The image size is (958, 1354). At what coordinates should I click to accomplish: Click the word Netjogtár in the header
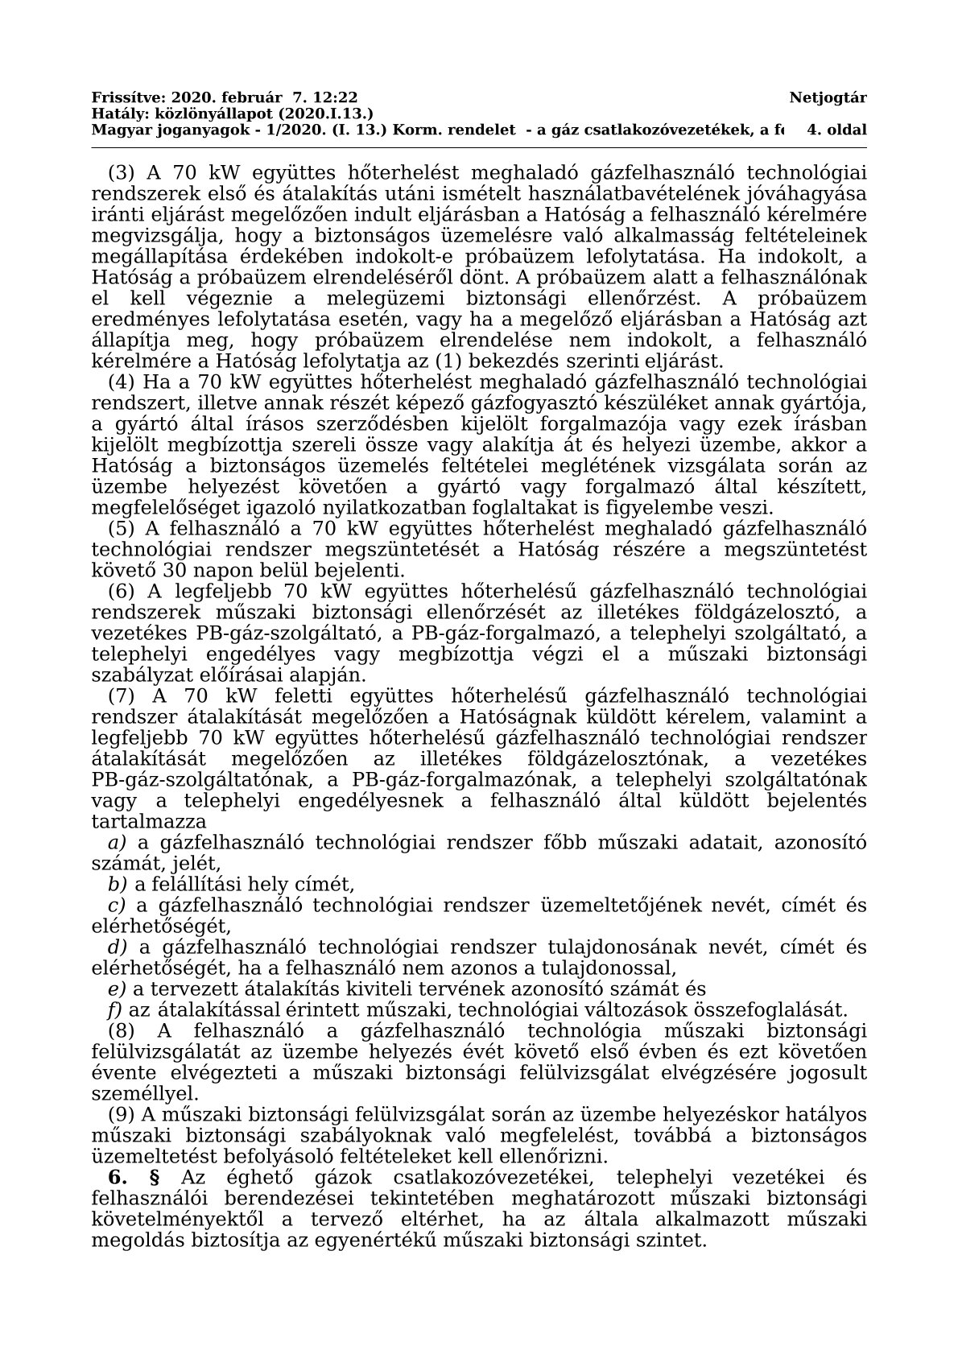(828, 98)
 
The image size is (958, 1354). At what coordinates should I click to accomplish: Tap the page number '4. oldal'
(836, 130)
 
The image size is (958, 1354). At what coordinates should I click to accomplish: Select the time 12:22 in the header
(338, 98)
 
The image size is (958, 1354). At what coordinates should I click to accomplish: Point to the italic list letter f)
(115, 1010)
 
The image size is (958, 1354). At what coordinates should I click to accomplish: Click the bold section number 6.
(118, 1178)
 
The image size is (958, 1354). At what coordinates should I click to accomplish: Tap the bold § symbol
(155, 1178)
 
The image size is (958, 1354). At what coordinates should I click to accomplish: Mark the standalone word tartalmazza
(149, 822)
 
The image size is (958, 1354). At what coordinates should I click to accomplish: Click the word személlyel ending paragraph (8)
(144, 1094)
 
